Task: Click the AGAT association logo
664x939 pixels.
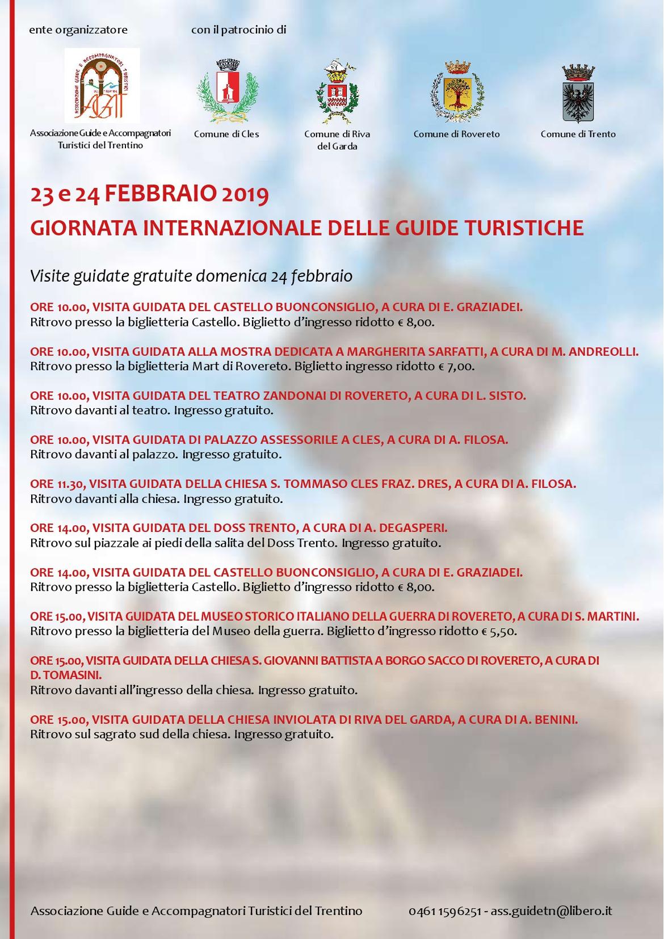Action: click(102, 85)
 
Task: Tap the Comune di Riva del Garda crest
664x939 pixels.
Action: click(337, 92)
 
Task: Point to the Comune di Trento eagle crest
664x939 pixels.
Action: click(578, 94)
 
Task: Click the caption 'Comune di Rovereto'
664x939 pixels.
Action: click(457, 134)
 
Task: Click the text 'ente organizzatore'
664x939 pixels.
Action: click(78, 30)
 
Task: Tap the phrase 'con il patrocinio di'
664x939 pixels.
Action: click(238, 30)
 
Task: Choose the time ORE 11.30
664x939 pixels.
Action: click(57, 484)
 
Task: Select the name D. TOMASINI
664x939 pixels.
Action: click(66, 675)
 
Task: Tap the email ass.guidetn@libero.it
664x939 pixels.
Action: click(551, 911)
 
